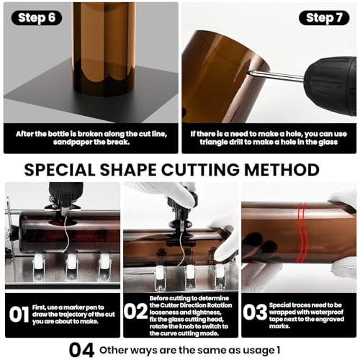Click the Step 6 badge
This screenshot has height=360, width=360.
[x=37, y=18]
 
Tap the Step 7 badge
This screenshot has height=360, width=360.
[x=324, y=18]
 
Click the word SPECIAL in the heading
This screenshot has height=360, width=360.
[x=60, y=170]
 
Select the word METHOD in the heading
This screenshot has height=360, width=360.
[x=282, y=170]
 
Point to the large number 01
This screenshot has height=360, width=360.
[x=19, y=315]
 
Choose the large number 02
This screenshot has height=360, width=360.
[x=135, y=311]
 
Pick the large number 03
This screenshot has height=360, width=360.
[x=255, y=312]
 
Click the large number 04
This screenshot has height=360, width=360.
[x=81, y=350]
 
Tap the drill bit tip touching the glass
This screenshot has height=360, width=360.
[x=248, y=71]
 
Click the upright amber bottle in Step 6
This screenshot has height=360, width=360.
[x=104, y=48]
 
